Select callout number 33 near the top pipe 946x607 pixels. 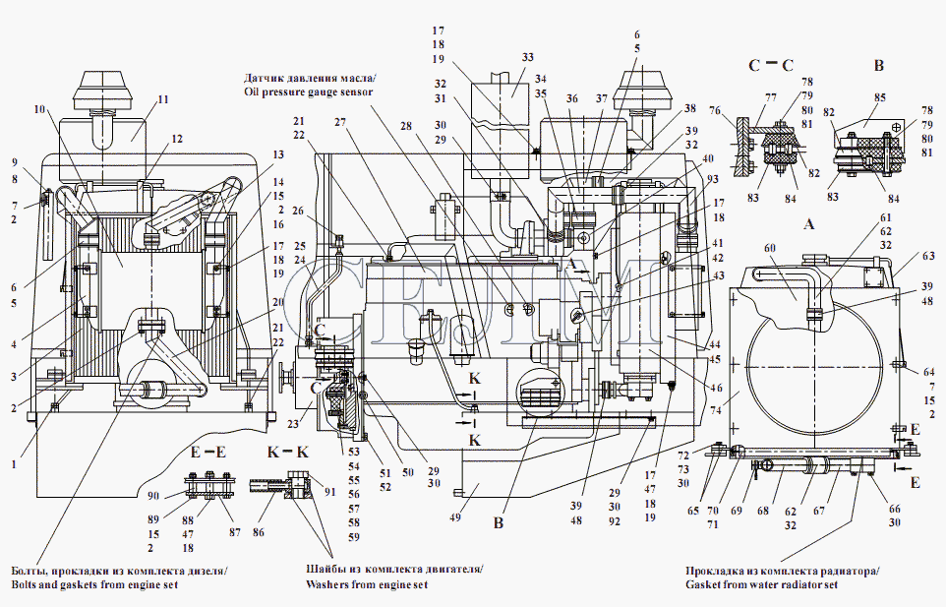pyautogui.click(x=528, y=57)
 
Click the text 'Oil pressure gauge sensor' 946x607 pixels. pyautogui.click(x=308, y=91)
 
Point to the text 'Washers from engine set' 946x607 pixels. pyautogui.click(x=368, y=583)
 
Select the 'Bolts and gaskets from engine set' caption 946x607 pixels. pyautogui.click(x=119, y=583)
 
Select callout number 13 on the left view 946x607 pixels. pyautogui.click(x=278, y=155)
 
